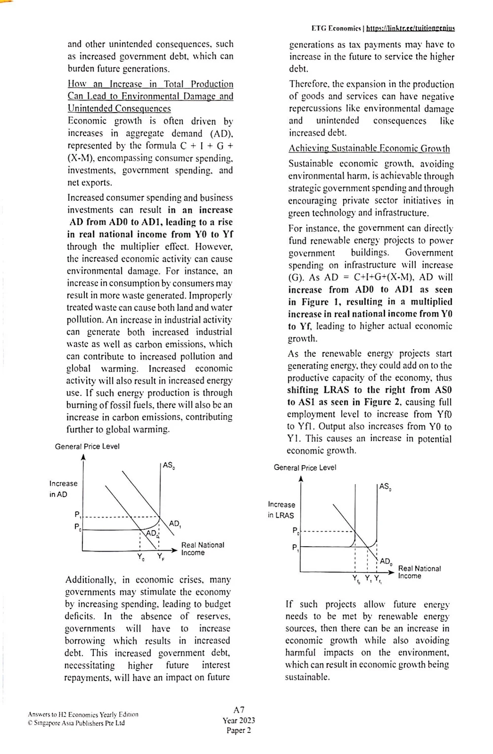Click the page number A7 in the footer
pyautogui.click(x=239, y=710)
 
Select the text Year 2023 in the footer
pyautogui.click(x=239, y=720)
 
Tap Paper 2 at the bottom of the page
pyautogui.click(x=239, y=730)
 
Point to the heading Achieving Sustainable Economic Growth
pyautogui.click(x=369, y=149)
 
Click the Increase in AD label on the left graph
pyautogui.click(x=63, y=489)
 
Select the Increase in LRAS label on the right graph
pyautogui.click(x=281, y=510)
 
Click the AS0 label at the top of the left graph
pyautogui.click(x=169, y=465)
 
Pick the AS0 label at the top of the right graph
pyautogui.click(x=386, y=487)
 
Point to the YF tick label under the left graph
pyautogui.click(x=161, y=557)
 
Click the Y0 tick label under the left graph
pyautogui.click(x=141, y=558)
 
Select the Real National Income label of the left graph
pyautogui.click(x=202, y=549)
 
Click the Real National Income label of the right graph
pyautogui.click(x=419, y=572)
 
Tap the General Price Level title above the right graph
pyautogui.click(x=305, y=467)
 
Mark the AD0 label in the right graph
pyautogui.click(x=386, y=562)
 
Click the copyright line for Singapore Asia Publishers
pyautogui.click(x=76, y=723)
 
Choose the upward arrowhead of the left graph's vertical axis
pyautogui.click(x=83, y=457)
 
